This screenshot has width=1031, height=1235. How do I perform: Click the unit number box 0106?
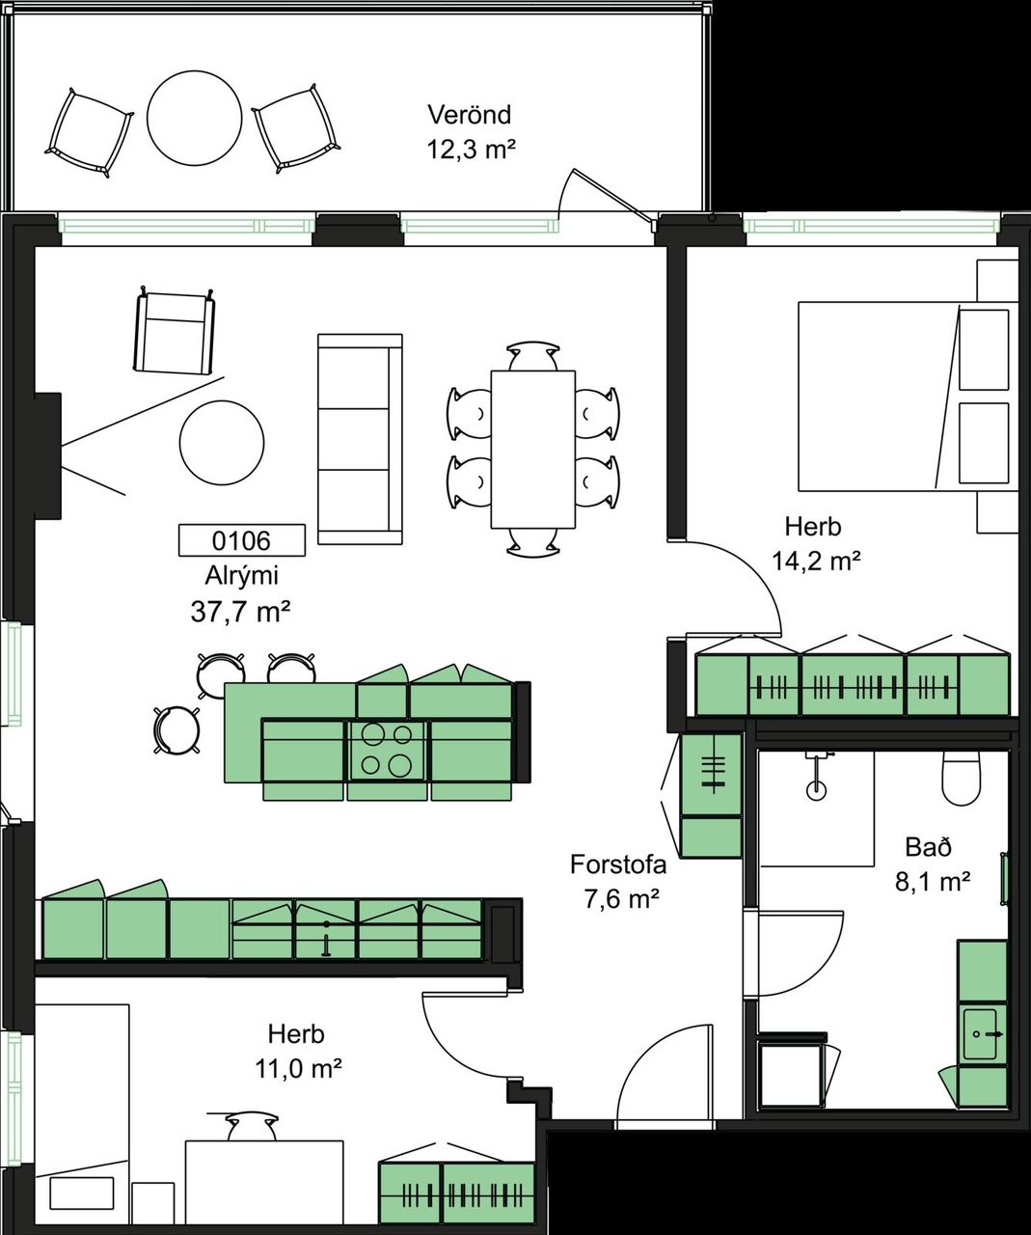point(242,540)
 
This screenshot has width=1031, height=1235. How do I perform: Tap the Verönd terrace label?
point(470,115)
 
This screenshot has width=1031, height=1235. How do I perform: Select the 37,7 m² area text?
point(240,613)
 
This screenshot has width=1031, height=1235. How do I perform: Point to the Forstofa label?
point(618,865)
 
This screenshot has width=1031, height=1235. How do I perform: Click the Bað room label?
point(928,847)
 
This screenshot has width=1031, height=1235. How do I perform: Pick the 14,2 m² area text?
point(816,561)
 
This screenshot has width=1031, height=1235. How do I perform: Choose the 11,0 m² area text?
point(299,1068)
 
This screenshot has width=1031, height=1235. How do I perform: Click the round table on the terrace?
point(195,118)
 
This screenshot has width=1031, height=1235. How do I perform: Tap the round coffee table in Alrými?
point(222,443)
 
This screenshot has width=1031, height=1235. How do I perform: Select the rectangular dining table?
point(533,450)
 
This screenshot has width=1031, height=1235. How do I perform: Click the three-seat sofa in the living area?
point(360,438)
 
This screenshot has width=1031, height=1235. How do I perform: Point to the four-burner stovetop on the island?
point(387,750)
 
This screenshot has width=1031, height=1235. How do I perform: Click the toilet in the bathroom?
point(962,778)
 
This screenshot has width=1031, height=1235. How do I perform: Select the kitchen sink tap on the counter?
point(326,939)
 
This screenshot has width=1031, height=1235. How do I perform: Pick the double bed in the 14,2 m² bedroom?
point(909,397)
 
